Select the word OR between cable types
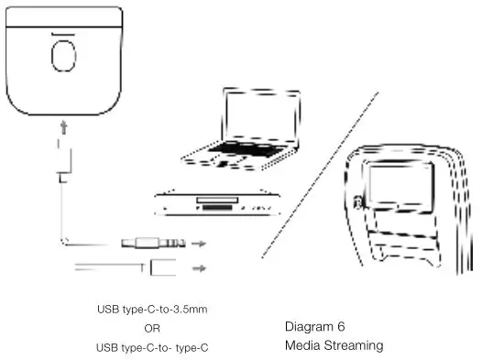152,328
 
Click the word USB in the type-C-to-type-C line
108,347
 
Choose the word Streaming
352,345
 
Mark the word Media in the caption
301,345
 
